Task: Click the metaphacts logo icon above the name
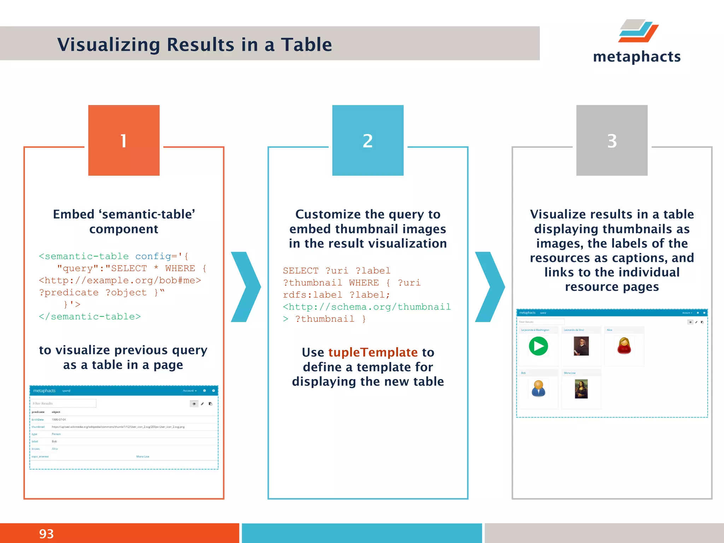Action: pyautogui.click(x=638, y=31)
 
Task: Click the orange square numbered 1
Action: pyautogui.click(x=124, y=140)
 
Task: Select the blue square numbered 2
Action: pyautogui.click(x=368, y=140)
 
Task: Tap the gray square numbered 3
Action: pyautogui.click(x=612, y=140)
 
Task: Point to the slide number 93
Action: pyautogui.click(x=46, y=533)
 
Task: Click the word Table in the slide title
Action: pyautogui.click(x=306, y=45)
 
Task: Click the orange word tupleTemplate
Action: pyautogui.click(x=373, y=352)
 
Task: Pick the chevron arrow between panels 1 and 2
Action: pyautogui.click(x=246, y=287)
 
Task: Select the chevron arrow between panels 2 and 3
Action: pyautogui.click(x=490, y=287)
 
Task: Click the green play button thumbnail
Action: pyautogui.click(x=538, y=346)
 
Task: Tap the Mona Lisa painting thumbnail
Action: pyautogui.click(x=581, y=389)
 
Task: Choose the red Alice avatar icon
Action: pyautogui.click(x=624, y=346)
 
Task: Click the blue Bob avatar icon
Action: pyautogui.click(x=538, y=389)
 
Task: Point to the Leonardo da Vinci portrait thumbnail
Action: pyautogui.click(x=581, y=346)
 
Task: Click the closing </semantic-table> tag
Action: pyautogui.click(x=90, y=316)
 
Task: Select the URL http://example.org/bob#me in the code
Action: pyautogui.click(x=120, y=280)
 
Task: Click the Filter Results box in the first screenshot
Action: pyautogui.click(x=63, y=403)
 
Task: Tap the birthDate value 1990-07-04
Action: pyautogui.click(x=59, y=420)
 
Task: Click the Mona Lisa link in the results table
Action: pyautogui.click(x=142, y=456)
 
